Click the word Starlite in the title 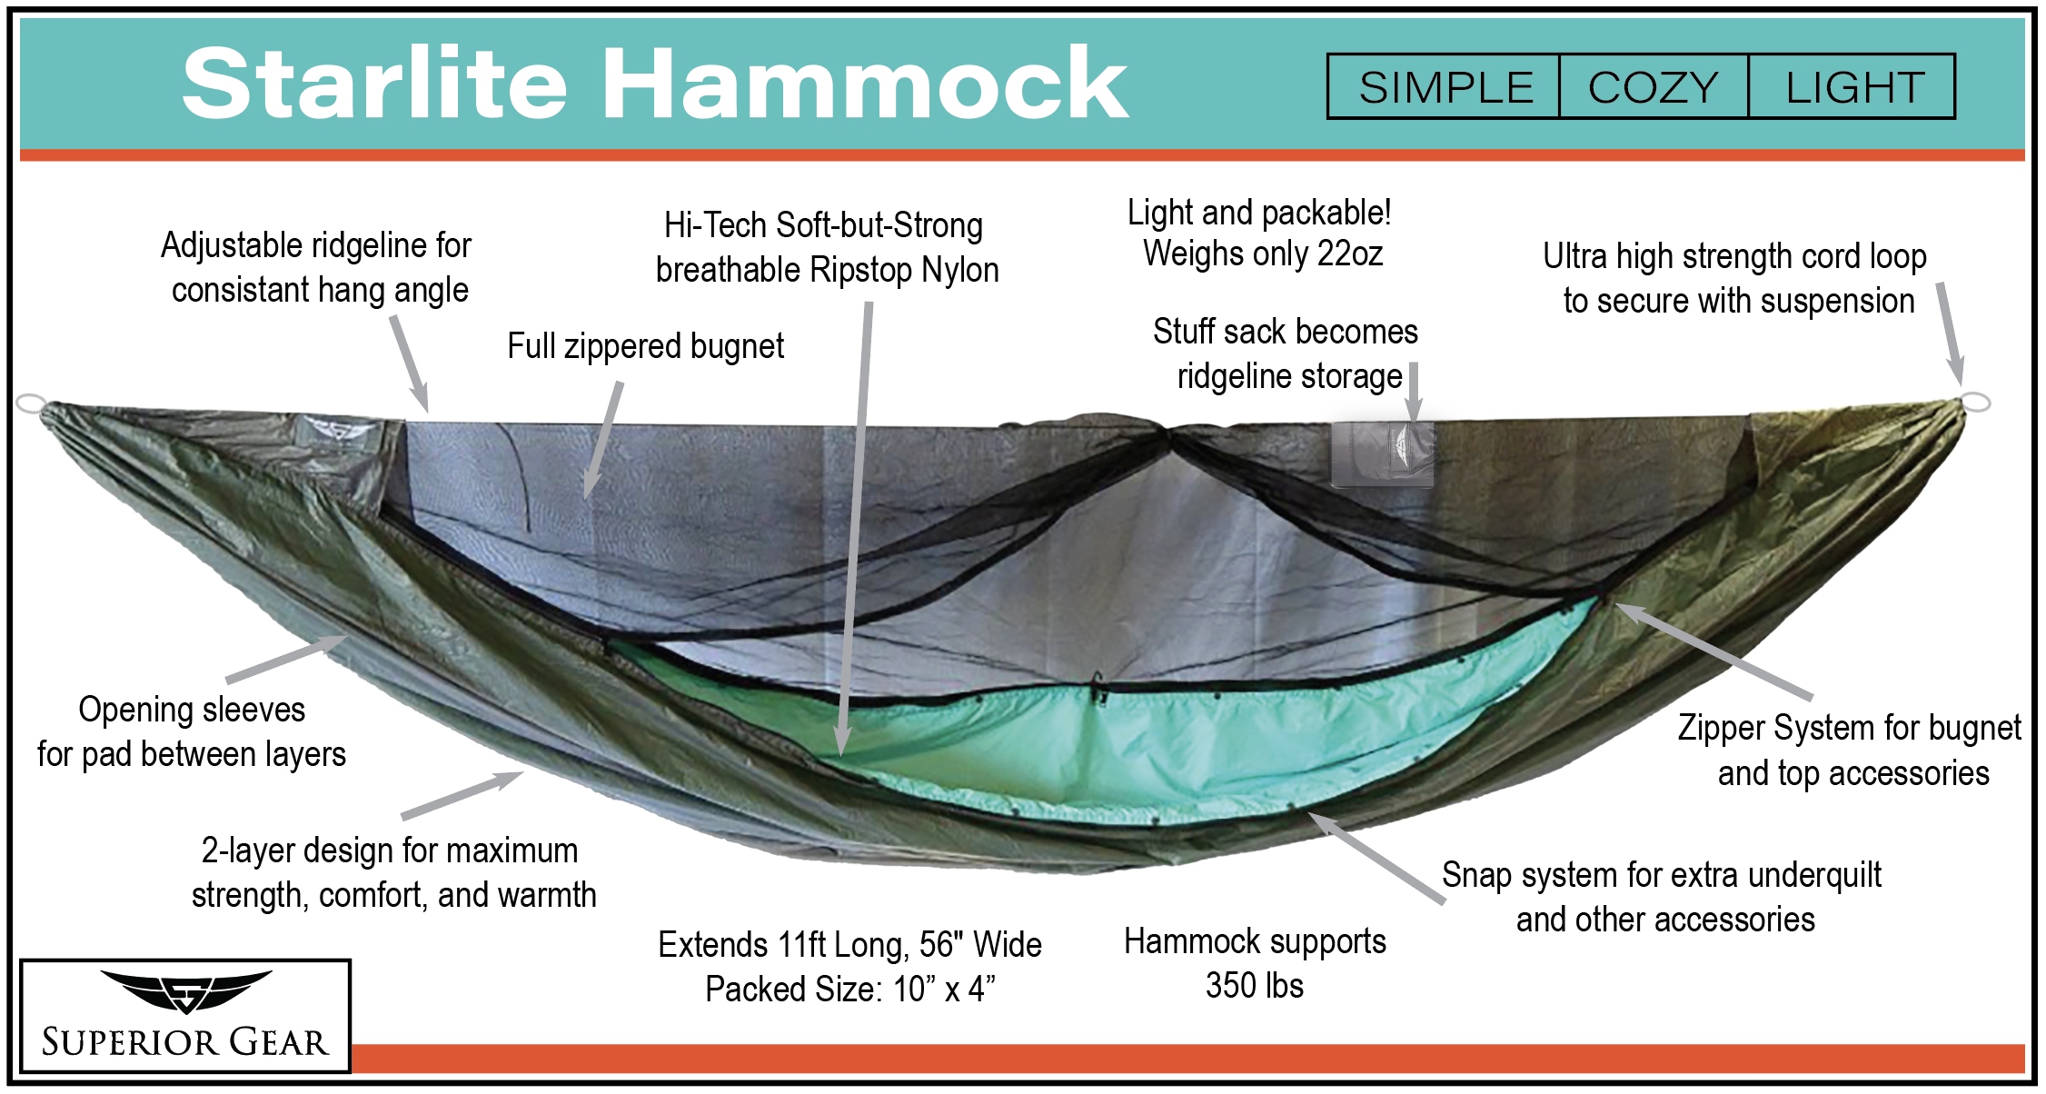coord(375,83)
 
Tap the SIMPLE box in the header coord(1444,86)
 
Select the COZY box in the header coord(1654,86)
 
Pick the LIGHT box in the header coord(1852,86)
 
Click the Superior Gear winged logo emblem coord(185,991)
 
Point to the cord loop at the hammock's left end coord(30,403)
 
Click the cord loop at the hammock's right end coord(1976,402)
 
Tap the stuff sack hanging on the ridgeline coord(1382,453)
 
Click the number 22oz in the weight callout coord(1350,254)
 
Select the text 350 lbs coord(1255,985)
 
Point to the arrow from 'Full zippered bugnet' coord(603,440)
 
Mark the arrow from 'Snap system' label coord(1376,858)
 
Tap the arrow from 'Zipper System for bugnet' coord(1713,651)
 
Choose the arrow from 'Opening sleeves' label coord(286,659)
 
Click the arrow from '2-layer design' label coord(462,795)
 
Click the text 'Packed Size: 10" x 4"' coord(850,989)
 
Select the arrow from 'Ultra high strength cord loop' coord(1950,333)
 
